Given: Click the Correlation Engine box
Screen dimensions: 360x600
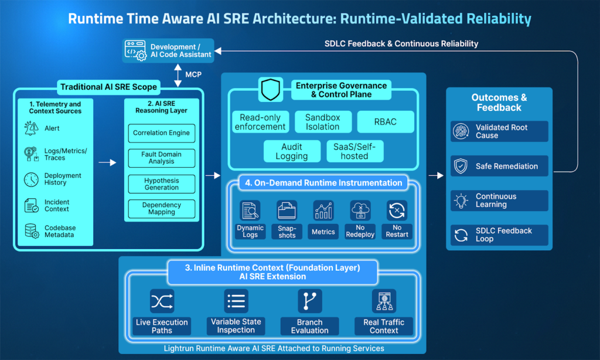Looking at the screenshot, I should (162, 133).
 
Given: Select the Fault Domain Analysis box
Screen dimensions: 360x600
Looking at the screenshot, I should (162, 158).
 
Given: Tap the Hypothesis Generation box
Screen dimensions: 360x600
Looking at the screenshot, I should (162, 184).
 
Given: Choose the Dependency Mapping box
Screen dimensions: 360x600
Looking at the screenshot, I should (162, 209).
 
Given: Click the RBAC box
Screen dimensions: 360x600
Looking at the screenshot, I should (386, 121).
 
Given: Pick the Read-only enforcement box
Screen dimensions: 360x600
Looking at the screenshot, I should (260, 122).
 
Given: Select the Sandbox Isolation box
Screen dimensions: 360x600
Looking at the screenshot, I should (322, 122).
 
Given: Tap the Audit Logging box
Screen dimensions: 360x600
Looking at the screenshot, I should (291, 152).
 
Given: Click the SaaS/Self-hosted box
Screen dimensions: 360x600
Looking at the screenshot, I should (354, 152).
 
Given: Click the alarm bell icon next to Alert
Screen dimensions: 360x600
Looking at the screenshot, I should (31, 128).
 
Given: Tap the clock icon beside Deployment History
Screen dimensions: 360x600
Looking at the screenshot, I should (31, 179).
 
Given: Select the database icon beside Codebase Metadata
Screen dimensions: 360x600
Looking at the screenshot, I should (31, 231).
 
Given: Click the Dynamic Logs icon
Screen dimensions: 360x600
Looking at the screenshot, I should (250, 210).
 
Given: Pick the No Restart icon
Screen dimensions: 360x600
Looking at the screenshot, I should (397, 210).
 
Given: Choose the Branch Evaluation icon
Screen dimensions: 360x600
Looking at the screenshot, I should (309, 301).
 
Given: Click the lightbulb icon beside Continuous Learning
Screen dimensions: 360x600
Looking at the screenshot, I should (461, 201).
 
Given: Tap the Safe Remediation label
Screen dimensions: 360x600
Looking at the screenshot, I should (506, 167).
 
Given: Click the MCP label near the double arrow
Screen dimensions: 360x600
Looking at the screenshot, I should (193, 75).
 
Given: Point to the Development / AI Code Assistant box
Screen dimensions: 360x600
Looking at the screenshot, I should (168, 50).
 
